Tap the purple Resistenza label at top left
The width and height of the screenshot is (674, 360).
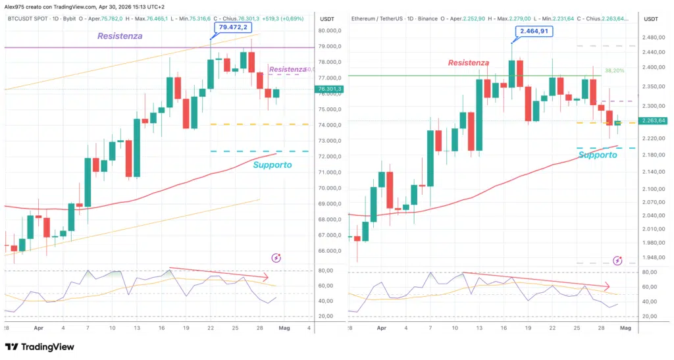[x=120, y=36]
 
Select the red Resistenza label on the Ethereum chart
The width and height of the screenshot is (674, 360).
[x=469, y=63]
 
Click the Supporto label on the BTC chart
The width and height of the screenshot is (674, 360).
[x=272, y=165]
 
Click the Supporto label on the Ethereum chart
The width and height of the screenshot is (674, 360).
[x=598, y=155]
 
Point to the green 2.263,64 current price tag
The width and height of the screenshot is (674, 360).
[x=653, y=120]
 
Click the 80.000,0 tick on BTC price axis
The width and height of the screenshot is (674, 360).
[x=329, y=30]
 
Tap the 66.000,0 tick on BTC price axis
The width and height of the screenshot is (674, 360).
[x=329, y=251]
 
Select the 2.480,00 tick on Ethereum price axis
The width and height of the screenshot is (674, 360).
[x=653, y=37]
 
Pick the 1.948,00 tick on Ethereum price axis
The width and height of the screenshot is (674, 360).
[x=653, y=258]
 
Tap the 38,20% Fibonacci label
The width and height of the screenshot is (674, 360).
[x=613, y=70]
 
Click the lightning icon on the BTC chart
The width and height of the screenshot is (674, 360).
[x=276, y=258]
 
